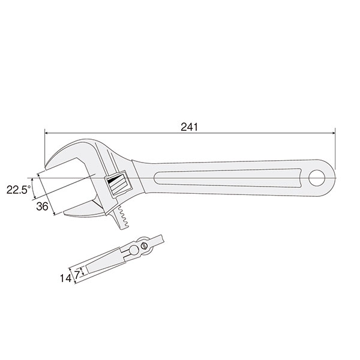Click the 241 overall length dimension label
(x=189, y=127)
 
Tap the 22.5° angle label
(x=19, y=190)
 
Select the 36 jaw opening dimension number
(x=42, y=206)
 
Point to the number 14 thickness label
(x=65, y=278)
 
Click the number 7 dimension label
(x=77, y=275)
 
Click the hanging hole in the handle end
(x=317, y=178)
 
